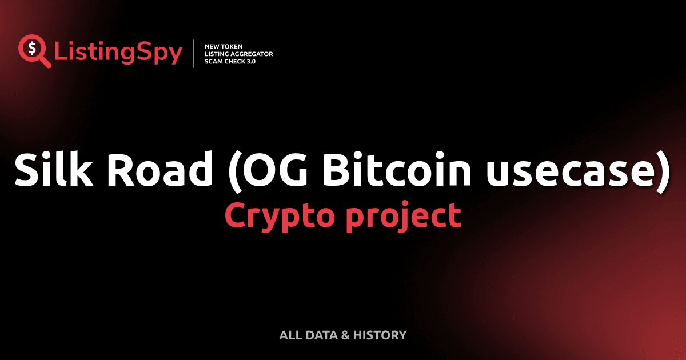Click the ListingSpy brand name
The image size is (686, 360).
(118, 53)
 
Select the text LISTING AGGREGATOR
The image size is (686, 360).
(238, 54)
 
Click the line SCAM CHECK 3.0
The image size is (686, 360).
(230, 61)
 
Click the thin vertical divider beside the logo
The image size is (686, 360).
(194, 54)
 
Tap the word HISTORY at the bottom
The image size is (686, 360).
(380, 335)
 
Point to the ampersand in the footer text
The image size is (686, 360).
(344, 335)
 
